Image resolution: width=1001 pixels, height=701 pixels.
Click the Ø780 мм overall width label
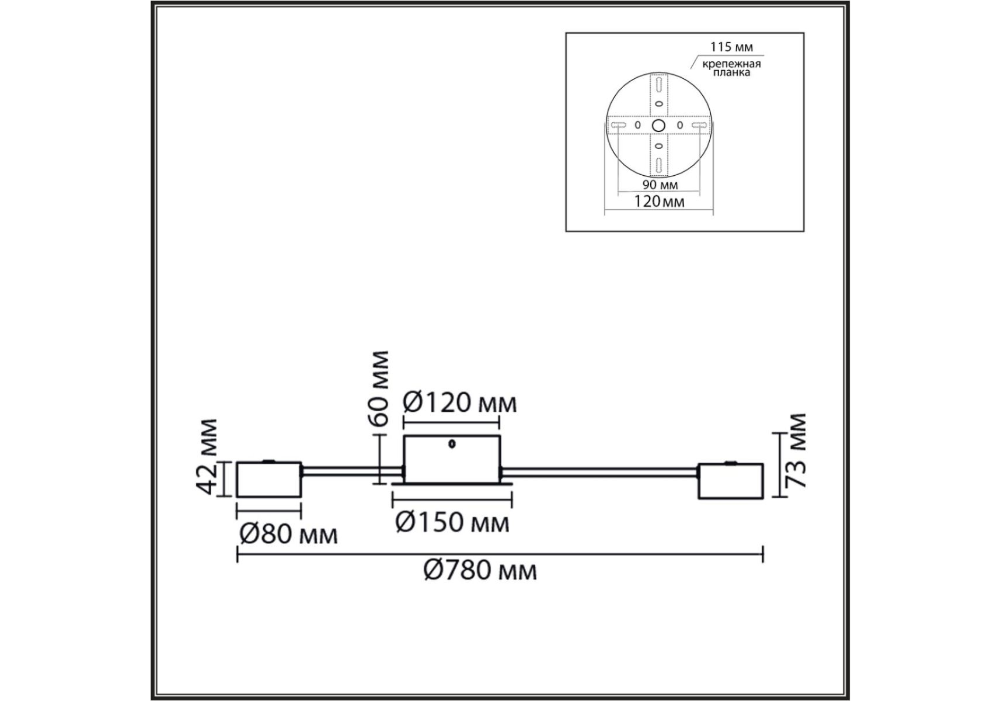480,570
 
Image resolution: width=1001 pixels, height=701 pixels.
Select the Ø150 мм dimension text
452,522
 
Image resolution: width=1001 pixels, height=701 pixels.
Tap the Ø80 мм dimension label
288,534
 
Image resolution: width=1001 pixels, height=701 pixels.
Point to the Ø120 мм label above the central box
460,402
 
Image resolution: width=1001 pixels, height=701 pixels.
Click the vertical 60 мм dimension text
379,388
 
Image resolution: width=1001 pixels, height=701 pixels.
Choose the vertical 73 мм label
796,450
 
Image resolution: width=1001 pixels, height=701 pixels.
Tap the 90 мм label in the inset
660,185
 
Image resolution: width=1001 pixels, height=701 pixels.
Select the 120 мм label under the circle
659,202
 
